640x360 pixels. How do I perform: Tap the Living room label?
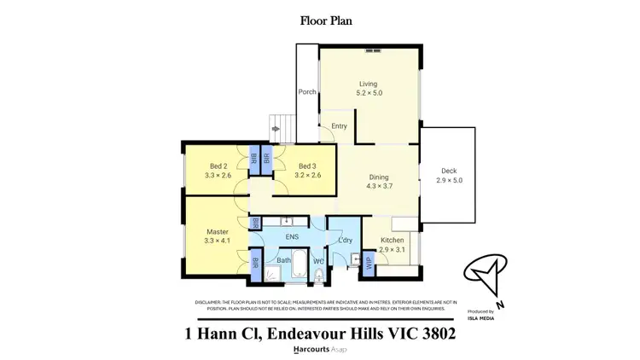367,83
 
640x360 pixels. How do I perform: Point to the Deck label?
448,171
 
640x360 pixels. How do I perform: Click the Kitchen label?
392,241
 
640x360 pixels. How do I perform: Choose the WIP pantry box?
369,262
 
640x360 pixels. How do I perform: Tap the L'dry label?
345,241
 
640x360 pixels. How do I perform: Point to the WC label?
317,260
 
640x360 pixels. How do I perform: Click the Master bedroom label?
218,231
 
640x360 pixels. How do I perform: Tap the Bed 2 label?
218,165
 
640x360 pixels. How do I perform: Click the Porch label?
306,92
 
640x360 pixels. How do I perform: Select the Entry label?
339,126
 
